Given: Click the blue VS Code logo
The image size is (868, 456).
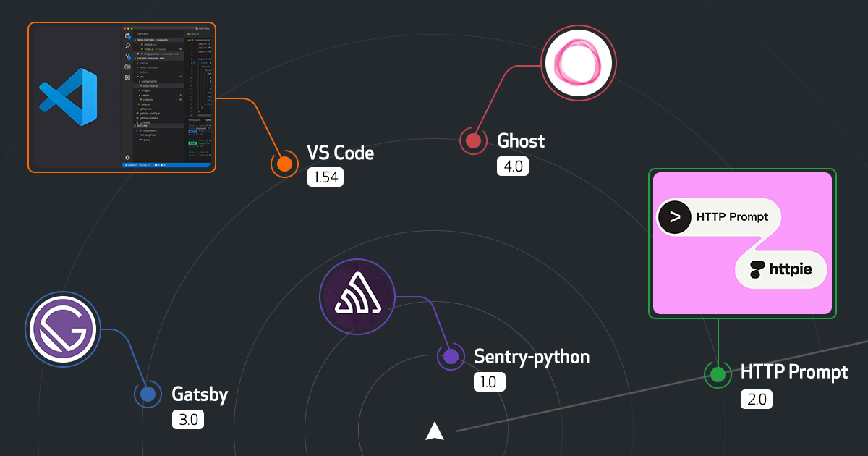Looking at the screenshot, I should click(x=68, y=98).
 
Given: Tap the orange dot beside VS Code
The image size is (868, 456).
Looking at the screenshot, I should click(x=284, y=164).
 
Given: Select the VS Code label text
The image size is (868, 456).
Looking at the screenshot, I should click(x=340, y=153).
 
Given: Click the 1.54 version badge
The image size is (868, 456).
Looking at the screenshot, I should click(x=325, y=177).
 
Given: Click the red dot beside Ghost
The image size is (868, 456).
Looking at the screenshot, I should click(x=474, y=140).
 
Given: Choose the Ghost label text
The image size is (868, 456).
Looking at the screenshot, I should click(x=521, y=140).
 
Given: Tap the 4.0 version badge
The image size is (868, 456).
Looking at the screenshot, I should click(x=513, y=166).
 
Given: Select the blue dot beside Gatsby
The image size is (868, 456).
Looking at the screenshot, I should click(x=148, y=394).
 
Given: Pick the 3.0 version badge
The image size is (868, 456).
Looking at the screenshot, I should click(x=189, y=420).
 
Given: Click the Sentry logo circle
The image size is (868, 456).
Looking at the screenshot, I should click(x=357, y=297).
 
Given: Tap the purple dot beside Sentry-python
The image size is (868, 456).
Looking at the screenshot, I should click(x=451, y=356).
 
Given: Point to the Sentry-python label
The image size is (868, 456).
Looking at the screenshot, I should click(x=531, y=356).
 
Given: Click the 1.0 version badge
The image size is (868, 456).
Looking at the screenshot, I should click(x=489, y=382).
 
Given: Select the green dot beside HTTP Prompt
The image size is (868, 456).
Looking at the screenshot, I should click(x=718, y=374).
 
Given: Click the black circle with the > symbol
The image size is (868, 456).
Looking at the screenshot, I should click(x=675, y=216).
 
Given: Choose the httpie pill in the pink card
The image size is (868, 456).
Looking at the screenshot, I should click(x=780, y=270).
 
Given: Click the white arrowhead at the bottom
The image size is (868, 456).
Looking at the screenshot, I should click(x=434, y=431).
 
